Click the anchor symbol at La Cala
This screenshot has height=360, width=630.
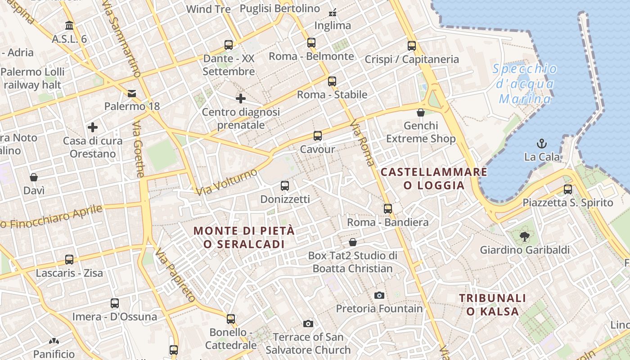tap(542, 144)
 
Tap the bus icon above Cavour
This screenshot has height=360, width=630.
tap(318, 135)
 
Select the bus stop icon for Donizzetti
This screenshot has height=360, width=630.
tap(284, 185)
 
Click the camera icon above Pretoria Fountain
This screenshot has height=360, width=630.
tap(379, 295)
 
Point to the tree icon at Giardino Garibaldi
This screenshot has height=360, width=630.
tap(524, 236)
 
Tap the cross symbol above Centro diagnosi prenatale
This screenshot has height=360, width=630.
tap(241, 98)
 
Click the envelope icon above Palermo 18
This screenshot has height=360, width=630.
tap(132, 93)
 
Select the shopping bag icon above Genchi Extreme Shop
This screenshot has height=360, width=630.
tap(421, 112)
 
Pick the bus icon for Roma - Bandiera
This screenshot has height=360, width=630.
tap(388, 208)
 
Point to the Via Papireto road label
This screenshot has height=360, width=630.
tap(175, 274)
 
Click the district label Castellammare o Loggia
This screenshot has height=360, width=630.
tap(434, 179)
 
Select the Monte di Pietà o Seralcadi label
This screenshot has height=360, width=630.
tap(244, 237)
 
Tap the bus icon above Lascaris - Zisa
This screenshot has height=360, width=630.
tap(69, 259)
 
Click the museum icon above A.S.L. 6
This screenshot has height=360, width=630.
tap(69, 25)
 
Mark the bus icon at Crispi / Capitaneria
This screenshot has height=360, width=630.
tap(412, 45)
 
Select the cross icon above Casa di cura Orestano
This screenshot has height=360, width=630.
tap(93, 127)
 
